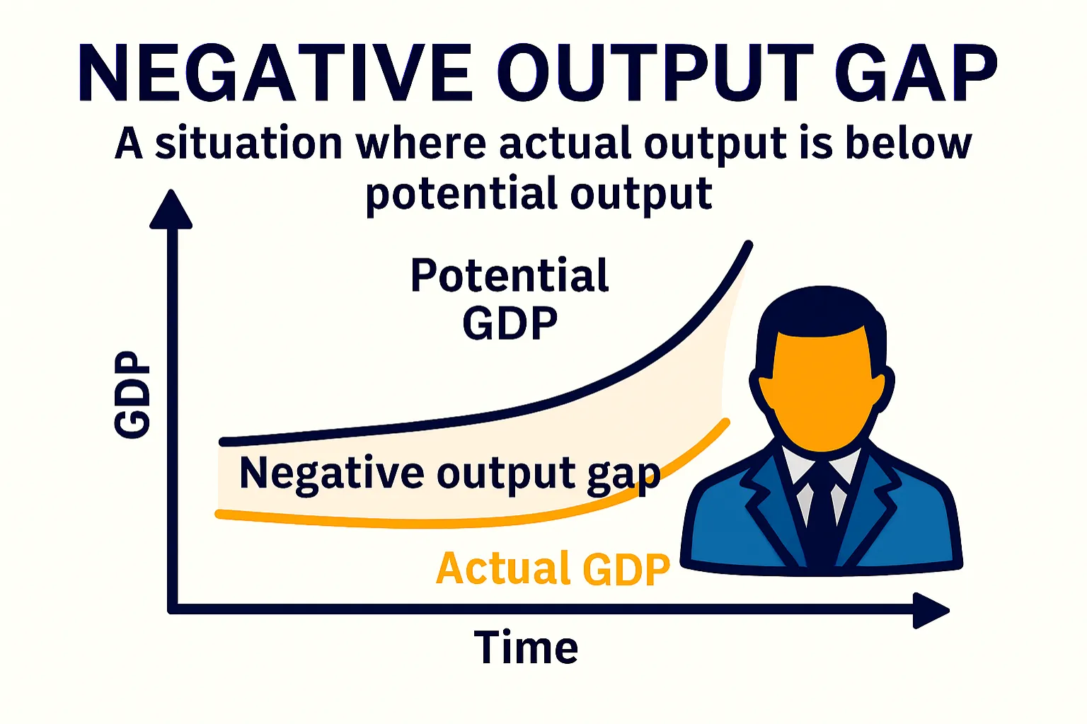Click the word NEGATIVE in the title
pos(275,73)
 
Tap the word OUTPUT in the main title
pos(655,73)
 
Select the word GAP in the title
pos(916,73)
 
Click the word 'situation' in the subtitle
pos(248,144)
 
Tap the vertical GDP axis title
pos(132,394)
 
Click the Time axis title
pos(526,648)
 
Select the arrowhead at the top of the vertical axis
pos(171,210)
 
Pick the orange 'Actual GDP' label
pos(553,568)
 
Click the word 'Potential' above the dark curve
pos(510,275)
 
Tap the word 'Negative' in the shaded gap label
pos(331,473)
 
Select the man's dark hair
pos(821,311)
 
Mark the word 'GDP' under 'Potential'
pos(510,323)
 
